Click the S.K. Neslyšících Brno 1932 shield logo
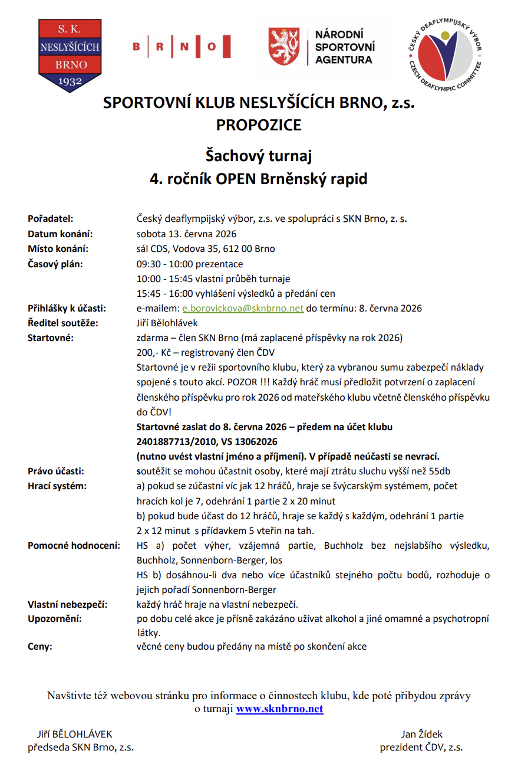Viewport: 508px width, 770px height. pos(69,55)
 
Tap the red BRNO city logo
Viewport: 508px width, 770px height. pos(181,46)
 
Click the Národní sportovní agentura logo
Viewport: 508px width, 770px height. pos(322,47)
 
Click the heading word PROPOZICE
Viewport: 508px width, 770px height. pos(258,125)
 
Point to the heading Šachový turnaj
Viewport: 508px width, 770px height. pos(258,156)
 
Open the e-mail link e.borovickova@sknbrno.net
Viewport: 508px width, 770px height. pos(243,308)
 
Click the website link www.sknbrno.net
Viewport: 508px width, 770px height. pos(280,709)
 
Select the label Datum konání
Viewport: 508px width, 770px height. pos(61,234)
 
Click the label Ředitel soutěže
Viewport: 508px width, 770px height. pos(63,323)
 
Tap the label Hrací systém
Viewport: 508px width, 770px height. pos(57,486)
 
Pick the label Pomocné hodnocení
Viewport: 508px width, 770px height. pos(74,545)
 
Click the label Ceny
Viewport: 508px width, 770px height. pos(40,646)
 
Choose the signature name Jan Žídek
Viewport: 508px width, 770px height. pos(421,734)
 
